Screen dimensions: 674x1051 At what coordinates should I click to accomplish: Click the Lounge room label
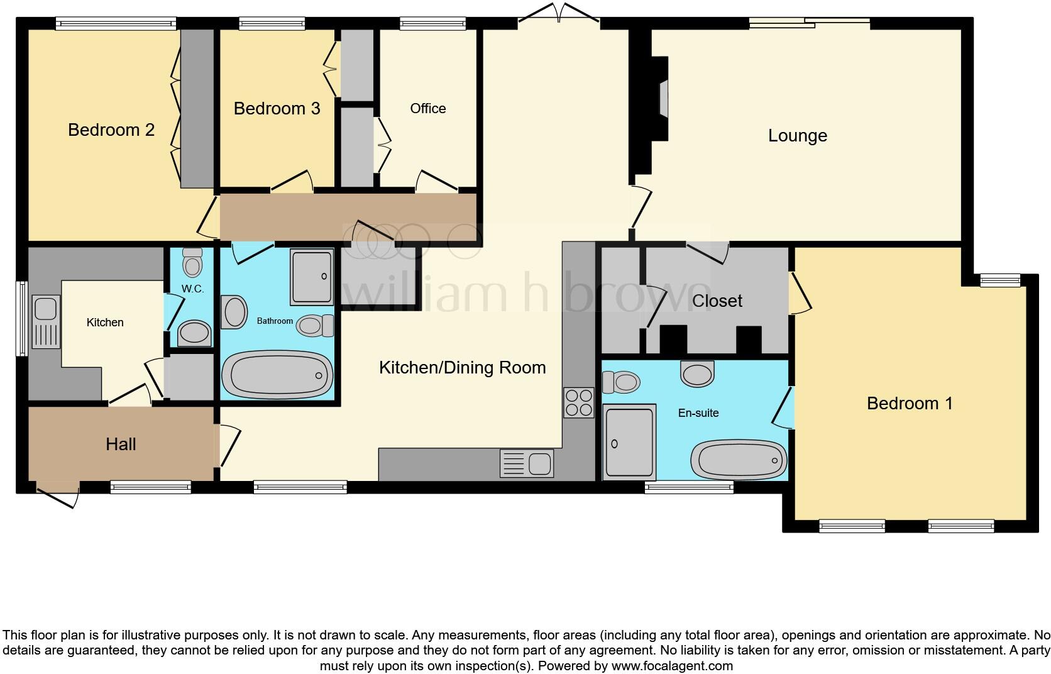797,136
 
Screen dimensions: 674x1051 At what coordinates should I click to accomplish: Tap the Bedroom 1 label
909,403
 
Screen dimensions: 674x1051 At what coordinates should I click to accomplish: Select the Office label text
427,109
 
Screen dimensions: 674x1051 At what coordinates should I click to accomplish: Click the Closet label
717,301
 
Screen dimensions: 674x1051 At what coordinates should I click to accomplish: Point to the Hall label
121,445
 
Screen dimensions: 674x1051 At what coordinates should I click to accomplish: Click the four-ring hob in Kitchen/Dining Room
579,402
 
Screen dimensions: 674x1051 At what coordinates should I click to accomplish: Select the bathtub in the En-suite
739,460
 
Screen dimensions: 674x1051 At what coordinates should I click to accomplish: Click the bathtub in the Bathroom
277,375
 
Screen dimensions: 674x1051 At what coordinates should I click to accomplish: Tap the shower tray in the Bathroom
311,277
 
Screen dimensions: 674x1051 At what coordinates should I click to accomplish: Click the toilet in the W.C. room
192,262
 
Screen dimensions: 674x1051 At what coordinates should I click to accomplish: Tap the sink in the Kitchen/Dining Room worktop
527,464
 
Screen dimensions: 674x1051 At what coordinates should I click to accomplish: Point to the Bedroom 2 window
116,24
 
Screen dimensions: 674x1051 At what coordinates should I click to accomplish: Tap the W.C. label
190,289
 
